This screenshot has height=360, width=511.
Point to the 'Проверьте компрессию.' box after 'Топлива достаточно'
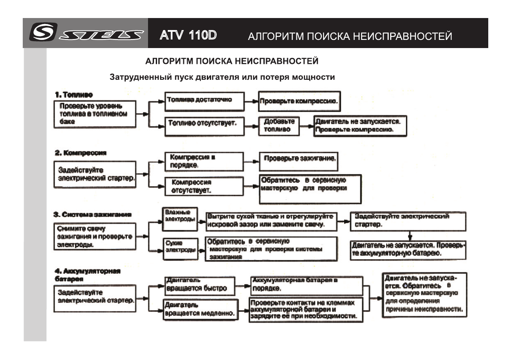[x=299, y=102]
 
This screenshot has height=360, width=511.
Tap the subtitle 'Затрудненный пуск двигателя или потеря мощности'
[x=222, y=78]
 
